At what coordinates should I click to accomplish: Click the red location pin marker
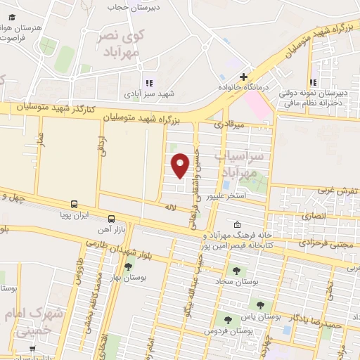coord(181,165)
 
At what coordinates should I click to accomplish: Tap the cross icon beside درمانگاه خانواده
coord(244,77)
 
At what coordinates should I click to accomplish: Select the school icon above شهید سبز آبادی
coord(148,82)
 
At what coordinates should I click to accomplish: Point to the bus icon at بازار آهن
coord(112,218)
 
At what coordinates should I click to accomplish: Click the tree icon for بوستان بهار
coord(127,266)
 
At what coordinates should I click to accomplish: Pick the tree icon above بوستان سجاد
coord(235,269)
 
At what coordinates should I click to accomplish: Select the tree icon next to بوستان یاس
coord(261,305)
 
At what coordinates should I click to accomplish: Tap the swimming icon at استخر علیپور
coord(232,186)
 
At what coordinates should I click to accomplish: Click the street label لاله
coord(169,208)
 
